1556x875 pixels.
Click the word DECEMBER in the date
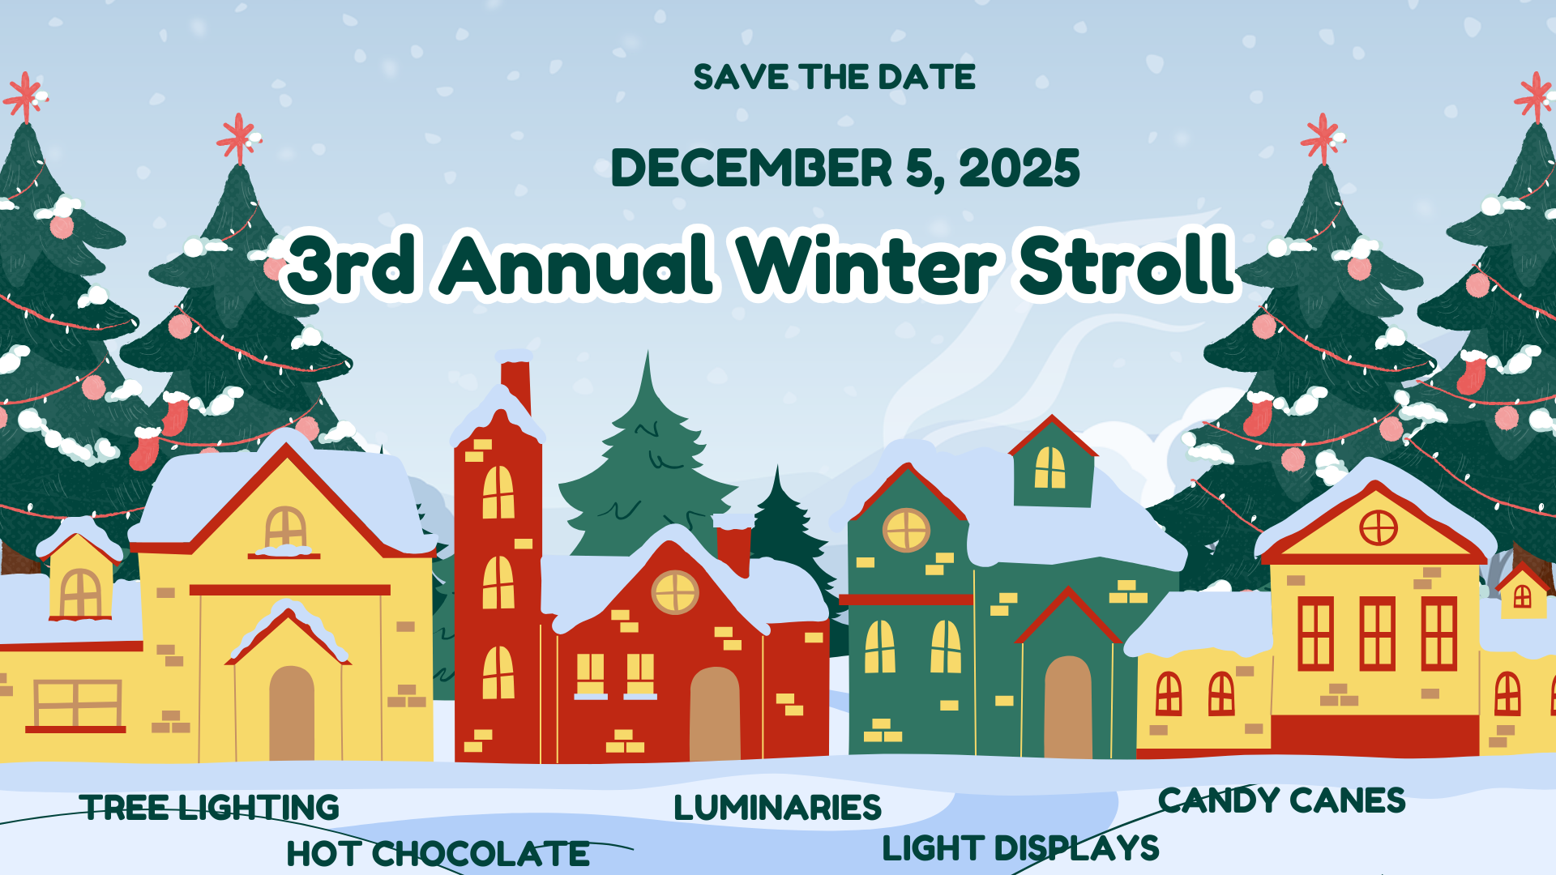[751, 169]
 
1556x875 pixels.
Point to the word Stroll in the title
[1126, 263]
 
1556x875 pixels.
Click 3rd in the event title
[352, 263]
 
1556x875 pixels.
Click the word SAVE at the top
[741, 77]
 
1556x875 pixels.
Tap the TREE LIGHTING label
[210, 808]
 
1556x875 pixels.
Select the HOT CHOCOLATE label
[438, 854]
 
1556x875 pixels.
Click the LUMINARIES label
[777, 808]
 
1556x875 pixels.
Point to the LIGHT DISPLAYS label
[1020, 848]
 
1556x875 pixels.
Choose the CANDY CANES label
[1281, 800]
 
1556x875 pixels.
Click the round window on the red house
[675, 591]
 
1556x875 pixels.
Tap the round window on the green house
[906, 531]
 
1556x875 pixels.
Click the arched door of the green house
[1068, 707]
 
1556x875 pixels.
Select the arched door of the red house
[715, 714]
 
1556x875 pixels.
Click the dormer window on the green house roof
[1049, 467]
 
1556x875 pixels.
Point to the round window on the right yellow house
[1378, 528]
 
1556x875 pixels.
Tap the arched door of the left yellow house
[292, 714]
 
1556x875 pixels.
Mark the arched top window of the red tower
[498, 492]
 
